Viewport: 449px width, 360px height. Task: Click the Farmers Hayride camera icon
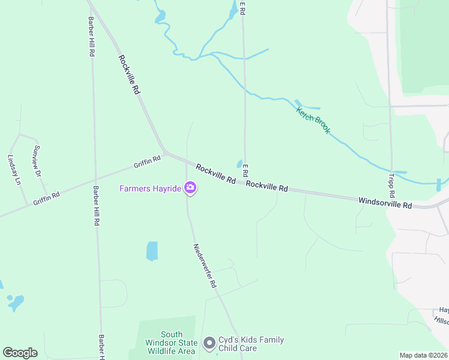[x=190, y=188]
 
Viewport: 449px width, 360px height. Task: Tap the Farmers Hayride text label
[x=150, y=189]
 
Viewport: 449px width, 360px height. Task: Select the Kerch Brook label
[x=313, y=120]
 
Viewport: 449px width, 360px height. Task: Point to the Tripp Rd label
[x=392, y=187]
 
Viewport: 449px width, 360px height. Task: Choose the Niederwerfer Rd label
[x=204, y=265]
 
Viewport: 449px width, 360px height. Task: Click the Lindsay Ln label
[x=14, y=170]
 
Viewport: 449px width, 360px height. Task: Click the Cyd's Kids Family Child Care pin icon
[x=209, y=343]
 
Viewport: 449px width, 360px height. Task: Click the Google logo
[x=20, y=352]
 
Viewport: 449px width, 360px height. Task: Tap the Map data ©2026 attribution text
[x=424, y=355]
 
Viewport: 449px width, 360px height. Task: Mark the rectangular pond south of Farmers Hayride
[x=152, y=251]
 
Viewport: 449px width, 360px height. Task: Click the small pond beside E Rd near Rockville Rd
[x=240, y=164]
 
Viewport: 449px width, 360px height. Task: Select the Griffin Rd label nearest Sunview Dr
[x=47, y=198]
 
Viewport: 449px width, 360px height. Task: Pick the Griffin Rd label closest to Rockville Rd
[x=147, y=161]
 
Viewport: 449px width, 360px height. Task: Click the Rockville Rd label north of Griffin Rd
[x=129, y=74]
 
